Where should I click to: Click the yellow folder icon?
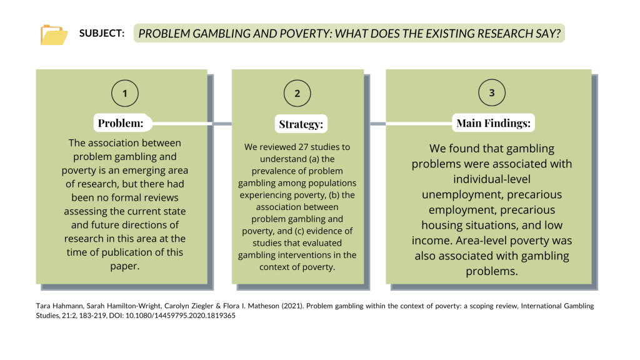54,35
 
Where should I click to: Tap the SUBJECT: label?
102,34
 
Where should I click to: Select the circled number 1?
125,94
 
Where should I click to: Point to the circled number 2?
297,94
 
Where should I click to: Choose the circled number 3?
492,92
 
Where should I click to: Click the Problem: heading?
121,123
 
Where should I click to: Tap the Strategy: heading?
301,124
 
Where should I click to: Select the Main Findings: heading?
494,123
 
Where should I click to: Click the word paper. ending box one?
125,266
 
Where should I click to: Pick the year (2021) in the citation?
292,306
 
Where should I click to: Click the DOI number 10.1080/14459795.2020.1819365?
181,316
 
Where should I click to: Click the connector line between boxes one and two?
222,124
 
